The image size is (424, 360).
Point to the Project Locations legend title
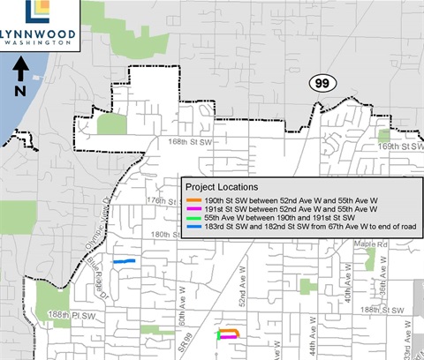pos(222,187)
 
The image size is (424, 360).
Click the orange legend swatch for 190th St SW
pos(193,200)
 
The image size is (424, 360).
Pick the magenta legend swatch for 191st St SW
pos(193,209)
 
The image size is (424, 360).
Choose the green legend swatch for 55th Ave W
pos(193,218)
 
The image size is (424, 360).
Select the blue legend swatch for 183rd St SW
pos(193,227)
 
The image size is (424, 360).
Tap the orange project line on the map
pos(230,330)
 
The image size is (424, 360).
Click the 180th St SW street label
pos(167,236)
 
